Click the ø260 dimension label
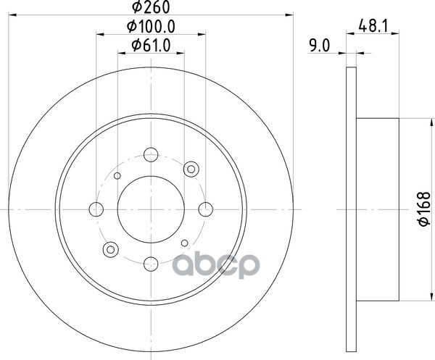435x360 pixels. point(151,7)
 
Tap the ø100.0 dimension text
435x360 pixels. point(151,27)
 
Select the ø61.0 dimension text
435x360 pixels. point(151,45)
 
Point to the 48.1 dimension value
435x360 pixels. point(373,26)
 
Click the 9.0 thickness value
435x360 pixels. point(320,46)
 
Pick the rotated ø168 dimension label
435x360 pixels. point(424,209)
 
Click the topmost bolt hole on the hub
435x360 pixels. point(151,154)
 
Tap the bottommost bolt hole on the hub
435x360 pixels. point(151,264)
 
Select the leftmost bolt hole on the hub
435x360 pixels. point(96,209)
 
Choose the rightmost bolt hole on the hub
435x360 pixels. point(206,209)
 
